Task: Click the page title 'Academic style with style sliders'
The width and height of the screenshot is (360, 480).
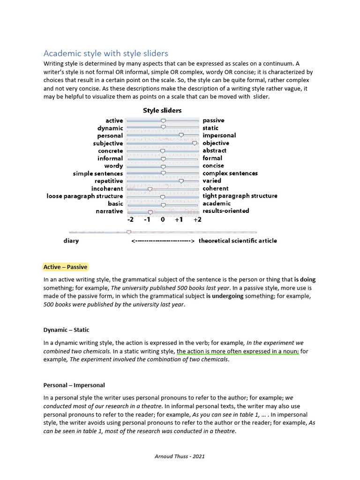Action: (x=105, y=53)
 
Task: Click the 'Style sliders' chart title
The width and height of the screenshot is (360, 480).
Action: (x=162, y=111)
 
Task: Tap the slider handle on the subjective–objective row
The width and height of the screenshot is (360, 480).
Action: (x=195, y=143)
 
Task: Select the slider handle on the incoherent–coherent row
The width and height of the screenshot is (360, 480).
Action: (x=150, y=189)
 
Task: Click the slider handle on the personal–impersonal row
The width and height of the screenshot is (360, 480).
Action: (x=181, y=135)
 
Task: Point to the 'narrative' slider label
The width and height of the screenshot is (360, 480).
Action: (x=109, y=211)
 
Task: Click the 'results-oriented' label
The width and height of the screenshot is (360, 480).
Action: (x=225, y=211)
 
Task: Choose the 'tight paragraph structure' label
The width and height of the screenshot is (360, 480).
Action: (x=240, y=196)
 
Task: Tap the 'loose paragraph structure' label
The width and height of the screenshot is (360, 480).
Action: (x=85, y=196)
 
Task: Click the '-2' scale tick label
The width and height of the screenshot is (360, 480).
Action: (x=130, y=220)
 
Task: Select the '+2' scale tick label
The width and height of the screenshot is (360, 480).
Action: (x=197, y=220)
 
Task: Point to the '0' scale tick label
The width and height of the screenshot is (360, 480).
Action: (x=163, y=220)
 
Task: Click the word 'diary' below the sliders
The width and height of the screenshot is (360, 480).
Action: (x=71, y=241)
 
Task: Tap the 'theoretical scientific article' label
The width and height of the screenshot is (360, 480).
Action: (x=238, y=241)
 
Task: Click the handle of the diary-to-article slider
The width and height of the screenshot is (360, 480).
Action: (x=129, y=232)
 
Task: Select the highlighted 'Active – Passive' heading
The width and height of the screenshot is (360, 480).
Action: (x=65, y=267)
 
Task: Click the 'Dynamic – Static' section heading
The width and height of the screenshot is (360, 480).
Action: (x=66, y=330)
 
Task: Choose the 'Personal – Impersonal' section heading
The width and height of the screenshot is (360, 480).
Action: (x=74, y=385)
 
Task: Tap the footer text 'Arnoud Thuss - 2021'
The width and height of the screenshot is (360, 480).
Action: (x=180, y=456)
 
